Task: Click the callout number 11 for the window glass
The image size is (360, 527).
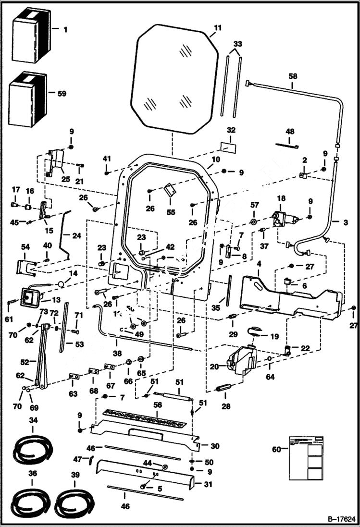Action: pyautogui.click(x=218, y=28)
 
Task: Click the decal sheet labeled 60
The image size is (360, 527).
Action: pyautogui.click(x=305, y=457)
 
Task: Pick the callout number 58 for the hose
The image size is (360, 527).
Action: pyautogui.click(x=293, y=76)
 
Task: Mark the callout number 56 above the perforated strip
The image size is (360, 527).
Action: pyautogui.click(x=158, y=406)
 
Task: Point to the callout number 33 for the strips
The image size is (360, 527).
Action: pyautogui.click(x=237, y=44)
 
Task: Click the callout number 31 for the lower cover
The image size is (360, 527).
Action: pyautogui.click(x=208, y=484)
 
